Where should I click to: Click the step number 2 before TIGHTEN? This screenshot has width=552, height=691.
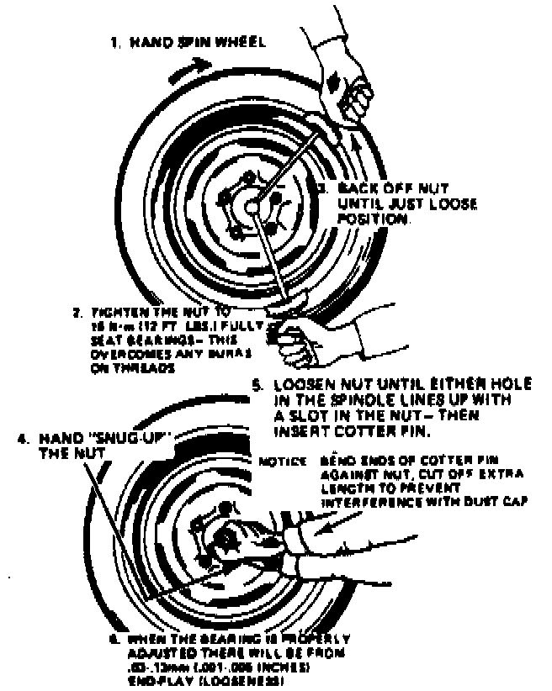pyautogui.click(x=76, y=313)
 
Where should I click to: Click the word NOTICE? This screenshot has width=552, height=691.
pyautogui.click(x=279, y=462)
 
